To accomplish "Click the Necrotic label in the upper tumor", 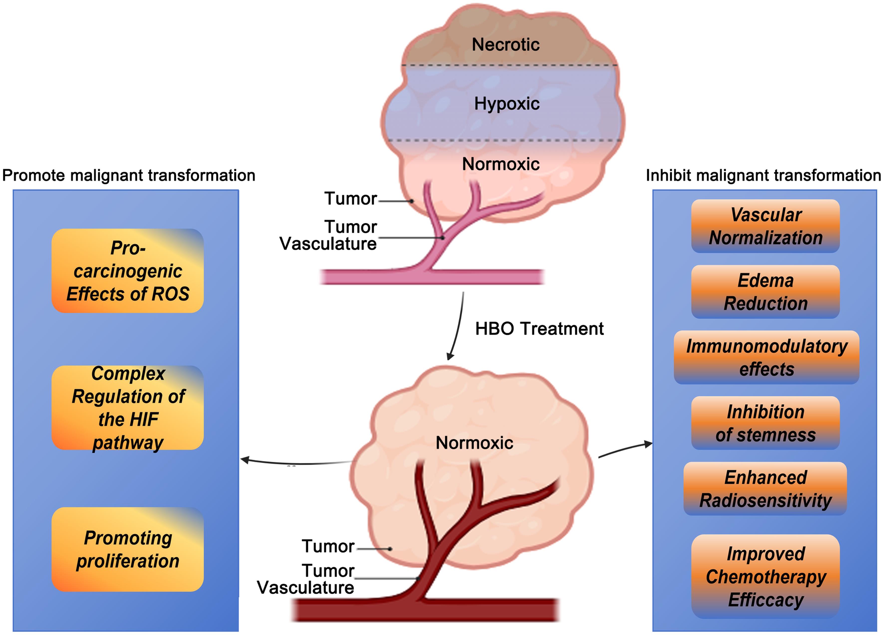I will point(505,44).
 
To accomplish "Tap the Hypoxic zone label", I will point(507,104).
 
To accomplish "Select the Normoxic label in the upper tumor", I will point(501,164).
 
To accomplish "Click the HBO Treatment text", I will point(539,329).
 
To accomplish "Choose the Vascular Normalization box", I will point(765,226).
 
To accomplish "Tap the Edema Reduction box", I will point(765,292).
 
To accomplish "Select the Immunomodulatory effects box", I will point(766,357).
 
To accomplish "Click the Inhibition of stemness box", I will point(765,423).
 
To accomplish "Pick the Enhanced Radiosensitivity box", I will point(765,488).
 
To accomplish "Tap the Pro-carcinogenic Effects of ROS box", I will point(127,271).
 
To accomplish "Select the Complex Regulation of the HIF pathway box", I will point(127,408).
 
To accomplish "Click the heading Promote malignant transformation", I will point(129,175).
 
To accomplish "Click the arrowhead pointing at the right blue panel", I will point(648,444).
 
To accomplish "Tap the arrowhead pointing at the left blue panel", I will point(244,460).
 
